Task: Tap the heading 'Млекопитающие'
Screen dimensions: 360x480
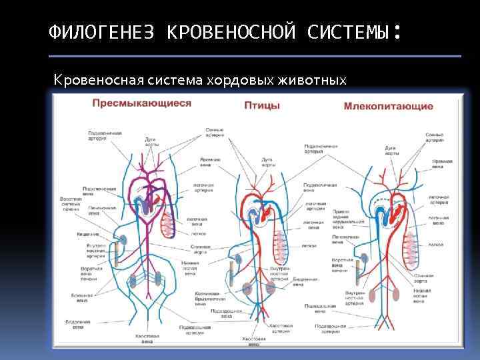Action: [388, 106]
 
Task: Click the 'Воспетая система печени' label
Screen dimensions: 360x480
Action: [71, 203]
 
